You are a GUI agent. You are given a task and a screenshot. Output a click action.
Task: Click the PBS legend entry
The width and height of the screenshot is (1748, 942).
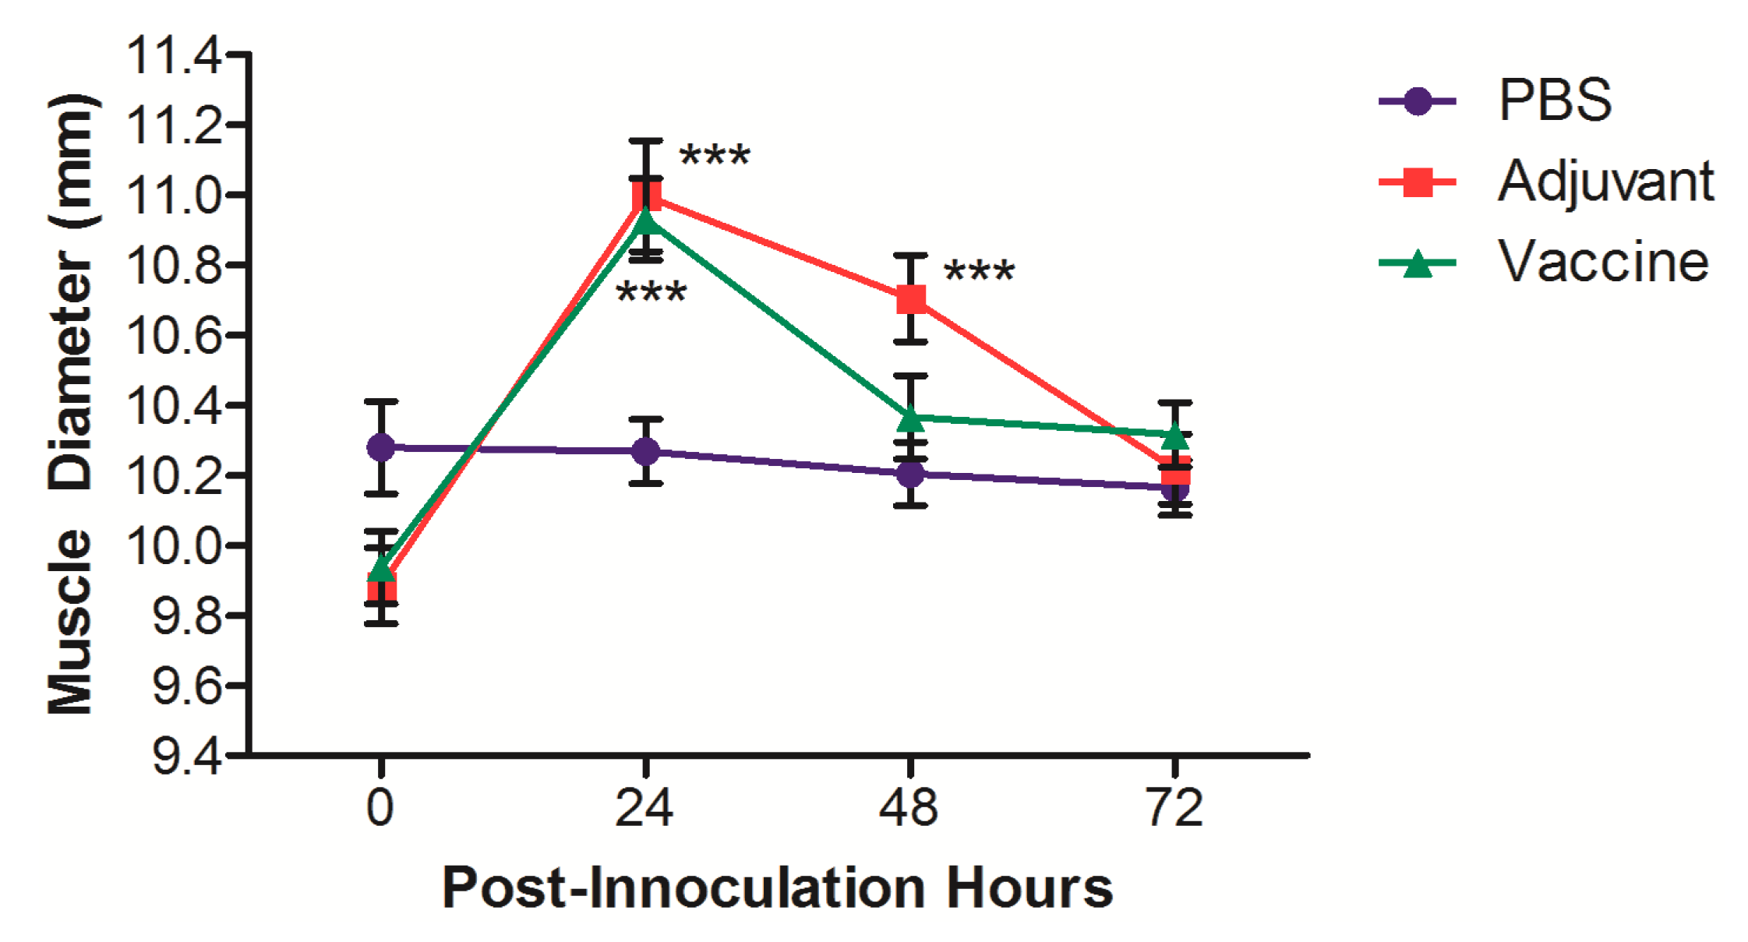point(1555,101)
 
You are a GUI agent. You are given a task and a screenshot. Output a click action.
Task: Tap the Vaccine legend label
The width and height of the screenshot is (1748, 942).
point(1603,262)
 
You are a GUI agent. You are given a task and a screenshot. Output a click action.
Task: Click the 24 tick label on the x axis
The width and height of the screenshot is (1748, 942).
point(644,808)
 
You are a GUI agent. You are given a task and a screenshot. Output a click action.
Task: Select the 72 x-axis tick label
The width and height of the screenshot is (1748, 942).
point(1174,808)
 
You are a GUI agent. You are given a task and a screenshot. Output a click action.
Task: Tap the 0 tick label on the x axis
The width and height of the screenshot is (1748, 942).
point(380,808)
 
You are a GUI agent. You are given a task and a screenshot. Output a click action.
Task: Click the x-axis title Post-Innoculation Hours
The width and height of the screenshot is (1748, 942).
point(777,887)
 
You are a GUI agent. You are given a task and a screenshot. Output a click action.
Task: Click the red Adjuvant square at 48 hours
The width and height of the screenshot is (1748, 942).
point(910,299)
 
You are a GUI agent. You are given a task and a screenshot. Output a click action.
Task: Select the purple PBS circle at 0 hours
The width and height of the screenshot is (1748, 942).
point(380,447)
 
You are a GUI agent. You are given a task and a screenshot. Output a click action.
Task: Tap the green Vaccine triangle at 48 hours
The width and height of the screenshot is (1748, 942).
point(910,418)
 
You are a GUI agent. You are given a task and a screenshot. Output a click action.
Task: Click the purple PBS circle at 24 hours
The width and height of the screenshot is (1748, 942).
point(645,451)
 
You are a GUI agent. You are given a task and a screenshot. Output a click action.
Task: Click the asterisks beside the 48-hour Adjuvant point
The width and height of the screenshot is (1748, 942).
point(979,273)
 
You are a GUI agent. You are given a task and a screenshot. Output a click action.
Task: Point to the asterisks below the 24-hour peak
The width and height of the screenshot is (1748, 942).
point(652,295)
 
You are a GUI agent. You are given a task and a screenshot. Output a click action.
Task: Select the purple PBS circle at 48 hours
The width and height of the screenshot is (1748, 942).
point(910,474)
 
